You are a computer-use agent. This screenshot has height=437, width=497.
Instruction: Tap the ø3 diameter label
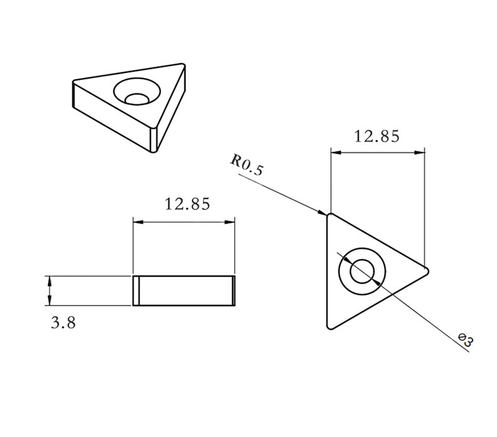tap(466, 341)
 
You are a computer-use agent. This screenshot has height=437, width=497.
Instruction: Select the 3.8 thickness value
tap(64, 323)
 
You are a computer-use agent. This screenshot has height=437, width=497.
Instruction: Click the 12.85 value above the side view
tap(187, 204)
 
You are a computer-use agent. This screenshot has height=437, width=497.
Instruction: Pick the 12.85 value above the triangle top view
tap(376, 136)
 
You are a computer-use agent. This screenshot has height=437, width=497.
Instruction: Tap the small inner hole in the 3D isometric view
tap(137, 97)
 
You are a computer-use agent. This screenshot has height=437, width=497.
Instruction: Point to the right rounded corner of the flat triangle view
tap(427, 272)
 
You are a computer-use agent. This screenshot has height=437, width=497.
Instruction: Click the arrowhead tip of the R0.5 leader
tap(326, 214)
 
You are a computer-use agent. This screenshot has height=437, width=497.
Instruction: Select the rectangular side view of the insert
tap(184, 290)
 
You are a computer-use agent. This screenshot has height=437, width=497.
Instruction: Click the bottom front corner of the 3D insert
tap(154, 150)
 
